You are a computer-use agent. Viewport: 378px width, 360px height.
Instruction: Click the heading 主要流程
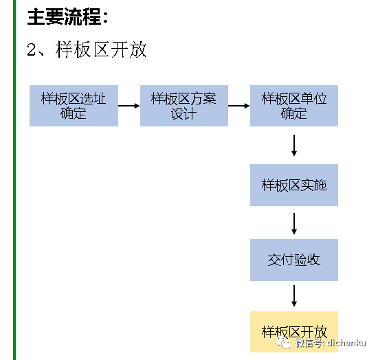67,16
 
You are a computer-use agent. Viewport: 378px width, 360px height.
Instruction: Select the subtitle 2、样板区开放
87,50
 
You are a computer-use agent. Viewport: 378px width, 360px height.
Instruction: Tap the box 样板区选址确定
74,106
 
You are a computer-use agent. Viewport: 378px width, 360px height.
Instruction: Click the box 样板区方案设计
184,106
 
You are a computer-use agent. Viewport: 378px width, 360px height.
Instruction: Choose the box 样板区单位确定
294,106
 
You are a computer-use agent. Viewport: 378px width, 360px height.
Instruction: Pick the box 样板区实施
294,185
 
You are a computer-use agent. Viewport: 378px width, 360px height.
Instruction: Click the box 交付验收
294,260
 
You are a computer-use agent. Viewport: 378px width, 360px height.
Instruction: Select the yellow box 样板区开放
294,331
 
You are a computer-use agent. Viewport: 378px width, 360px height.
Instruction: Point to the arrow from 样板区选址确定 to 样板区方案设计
129,106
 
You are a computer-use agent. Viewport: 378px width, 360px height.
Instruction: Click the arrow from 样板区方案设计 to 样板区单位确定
238,106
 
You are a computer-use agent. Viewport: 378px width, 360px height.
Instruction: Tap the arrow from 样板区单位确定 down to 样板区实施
294,145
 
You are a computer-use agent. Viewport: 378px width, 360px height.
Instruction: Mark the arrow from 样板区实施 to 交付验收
294,223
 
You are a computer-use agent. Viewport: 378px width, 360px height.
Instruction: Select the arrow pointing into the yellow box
294,295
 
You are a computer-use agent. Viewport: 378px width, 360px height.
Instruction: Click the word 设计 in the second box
184,113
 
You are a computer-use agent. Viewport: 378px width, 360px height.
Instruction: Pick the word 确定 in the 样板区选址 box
74,113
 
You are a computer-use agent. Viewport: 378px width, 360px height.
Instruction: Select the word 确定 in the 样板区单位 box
294,113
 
